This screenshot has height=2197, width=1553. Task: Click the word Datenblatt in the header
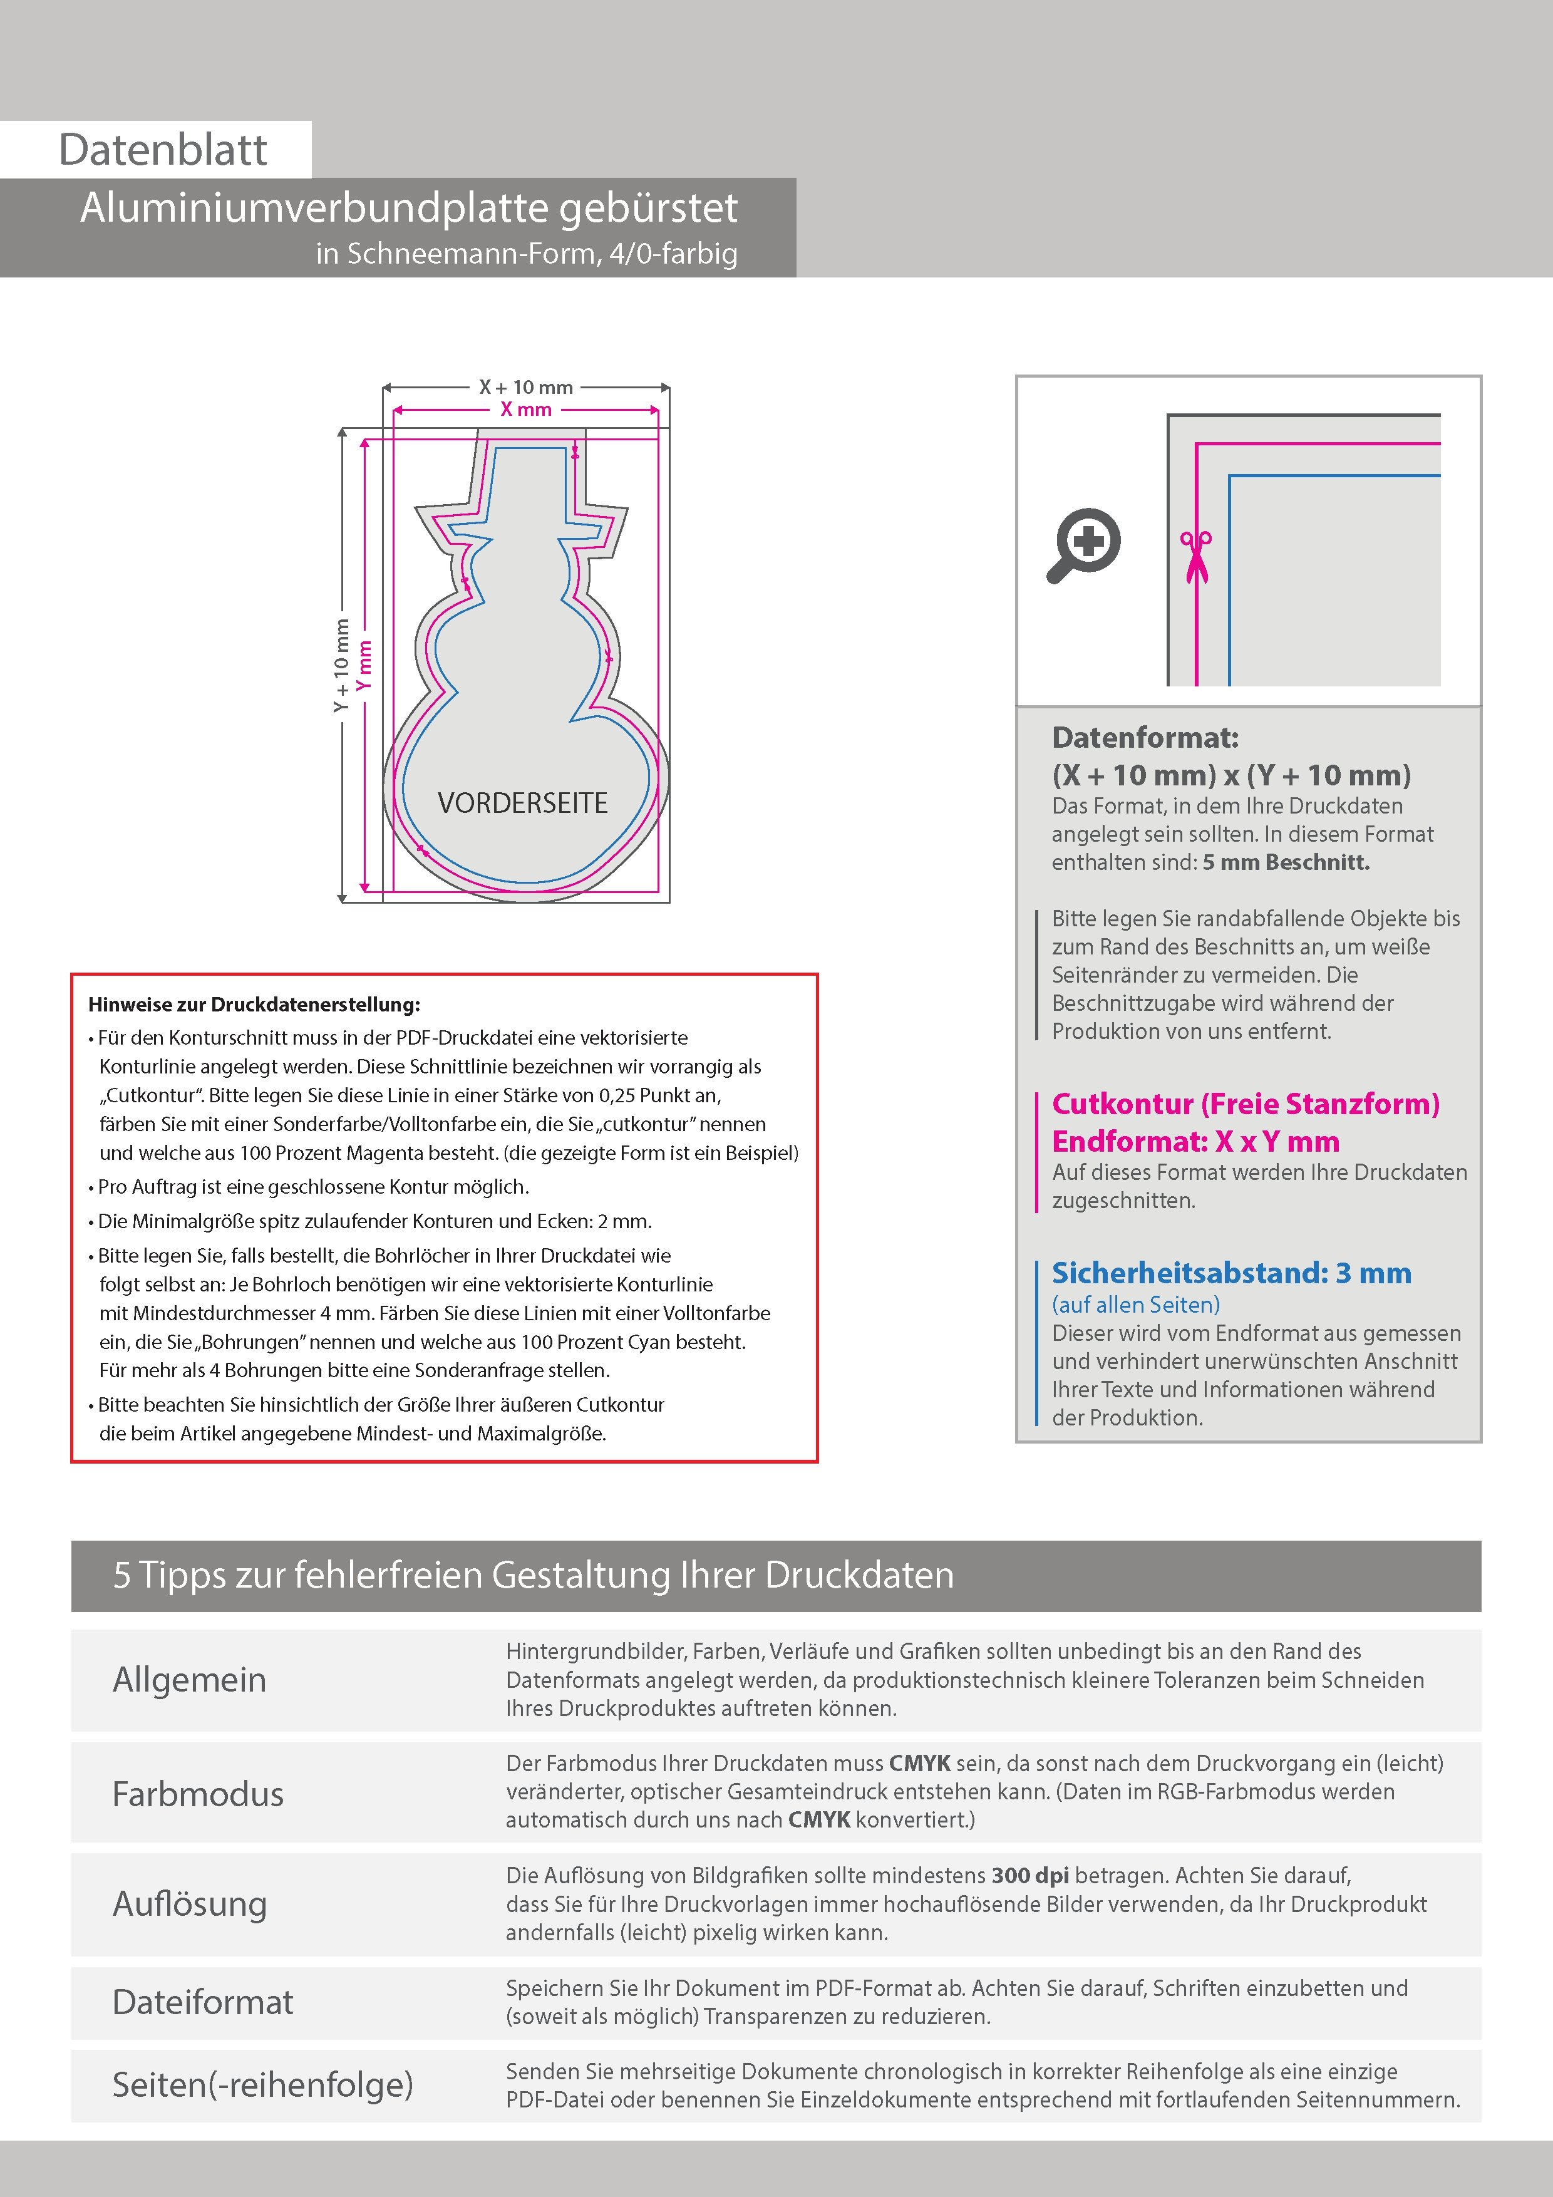pos(163,150)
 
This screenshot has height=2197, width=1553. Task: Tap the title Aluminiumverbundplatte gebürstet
pos(408,209)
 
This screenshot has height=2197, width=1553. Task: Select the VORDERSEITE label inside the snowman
pos(522,803)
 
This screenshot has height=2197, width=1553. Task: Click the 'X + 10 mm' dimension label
pos(525,388)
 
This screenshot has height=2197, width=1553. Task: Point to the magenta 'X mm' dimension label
pos(526,410)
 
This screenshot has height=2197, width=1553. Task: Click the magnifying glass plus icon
pos(1084,544)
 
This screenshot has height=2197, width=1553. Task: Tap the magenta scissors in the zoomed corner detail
pos(1195,556)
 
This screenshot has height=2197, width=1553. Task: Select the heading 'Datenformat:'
pos(1145,738)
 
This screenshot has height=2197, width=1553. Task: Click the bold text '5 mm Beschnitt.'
pos(1286,862)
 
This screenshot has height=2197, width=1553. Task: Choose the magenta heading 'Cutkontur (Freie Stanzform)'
pos(1245,1104)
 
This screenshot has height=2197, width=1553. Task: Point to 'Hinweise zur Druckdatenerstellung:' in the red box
pos(254,1005)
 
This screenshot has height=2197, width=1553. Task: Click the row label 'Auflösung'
pos(190,1903)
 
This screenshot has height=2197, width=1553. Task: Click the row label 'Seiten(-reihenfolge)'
pos(263,2084)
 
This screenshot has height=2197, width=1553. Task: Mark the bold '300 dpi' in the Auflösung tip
pos(1031,1876)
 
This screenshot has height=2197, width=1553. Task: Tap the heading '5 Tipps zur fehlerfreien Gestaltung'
pos(533,1575)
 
